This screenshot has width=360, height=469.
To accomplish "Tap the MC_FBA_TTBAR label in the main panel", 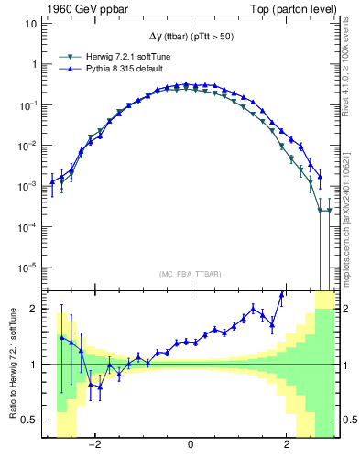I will tap(191, 275).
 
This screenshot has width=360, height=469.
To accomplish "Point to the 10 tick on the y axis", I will tap(29, 24).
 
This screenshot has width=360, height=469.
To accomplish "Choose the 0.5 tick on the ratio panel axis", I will tap(27, 420).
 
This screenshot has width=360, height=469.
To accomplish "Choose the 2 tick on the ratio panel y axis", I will tap(32, 309).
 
